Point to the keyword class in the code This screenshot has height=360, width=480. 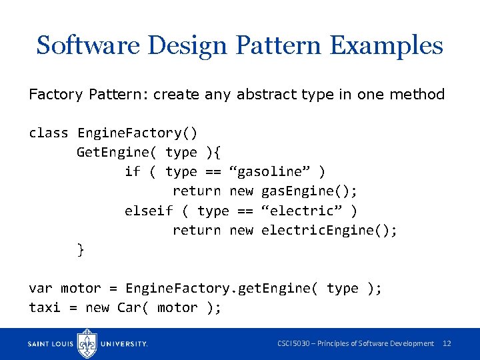tap(48, 133)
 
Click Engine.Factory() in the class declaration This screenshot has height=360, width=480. tap(137, 133)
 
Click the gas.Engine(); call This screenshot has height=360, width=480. tap(309, 191)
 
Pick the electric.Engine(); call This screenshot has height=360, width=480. tap(329, 230)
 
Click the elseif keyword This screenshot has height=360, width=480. tap(149, 211)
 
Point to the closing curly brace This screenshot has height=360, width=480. tap(81, 249)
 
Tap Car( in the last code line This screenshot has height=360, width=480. tap(133, 307)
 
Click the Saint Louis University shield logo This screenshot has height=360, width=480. tap(88, 343)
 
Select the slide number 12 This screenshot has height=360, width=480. tap(447, 343)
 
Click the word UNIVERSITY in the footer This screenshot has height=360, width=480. tap(124, 344)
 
